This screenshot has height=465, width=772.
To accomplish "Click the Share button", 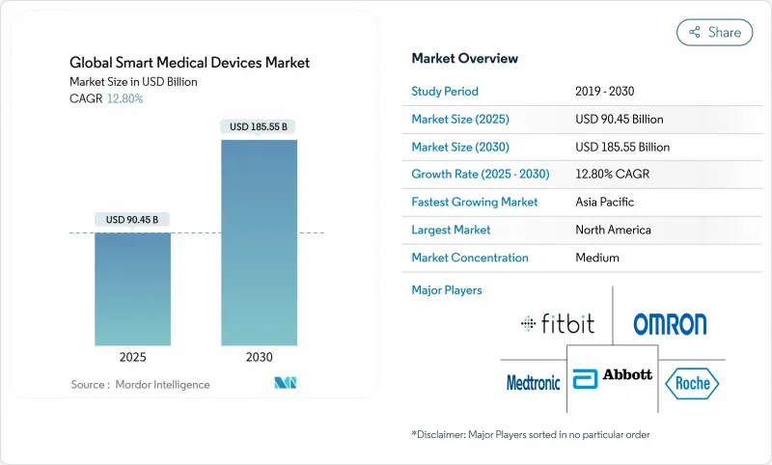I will (714, 32).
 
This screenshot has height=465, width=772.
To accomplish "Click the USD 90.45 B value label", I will (133, 220).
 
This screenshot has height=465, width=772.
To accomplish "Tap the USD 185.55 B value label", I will (260, 126).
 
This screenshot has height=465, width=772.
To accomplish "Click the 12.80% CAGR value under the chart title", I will (124, 98).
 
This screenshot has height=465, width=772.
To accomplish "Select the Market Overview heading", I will (465, 59).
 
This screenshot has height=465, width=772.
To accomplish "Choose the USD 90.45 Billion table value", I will (619, 120).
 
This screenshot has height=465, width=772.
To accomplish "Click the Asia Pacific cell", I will (605, 203).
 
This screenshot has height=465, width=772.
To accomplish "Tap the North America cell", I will (613, 230).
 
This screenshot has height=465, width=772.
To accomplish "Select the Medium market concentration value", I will (596, 258).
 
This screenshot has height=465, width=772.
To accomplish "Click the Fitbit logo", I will (556, 324).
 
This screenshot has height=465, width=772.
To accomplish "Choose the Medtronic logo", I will (534, 382).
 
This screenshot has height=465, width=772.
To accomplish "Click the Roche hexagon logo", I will (691, 382).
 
